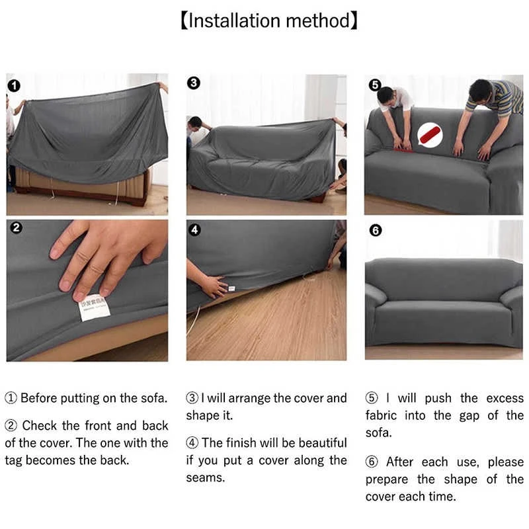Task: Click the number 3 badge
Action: click(x=194, y=83)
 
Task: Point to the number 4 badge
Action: click(x=194, y=229)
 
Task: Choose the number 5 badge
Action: click(x=374, y=85)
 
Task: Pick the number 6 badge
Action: click(x=375, y=230)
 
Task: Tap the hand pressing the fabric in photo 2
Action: click(x=106, y=251)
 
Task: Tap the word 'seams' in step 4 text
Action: click(x=205, y=477)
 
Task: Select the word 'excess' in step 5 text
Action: click(x=505, y=398)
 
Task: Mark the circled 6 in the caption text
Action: click(x=372, y=462)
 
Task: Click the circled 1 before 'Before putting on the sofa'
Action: click(x=11, y=399)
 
